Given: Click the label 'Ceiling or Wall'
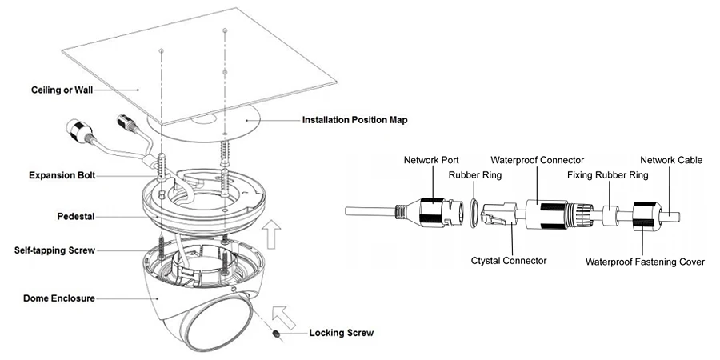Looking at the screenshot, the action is click(62, 90).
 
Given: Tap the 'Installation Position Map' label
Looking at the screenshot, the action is click(355, 120).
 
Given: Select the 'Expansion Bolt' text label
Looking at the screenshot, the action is click(62, 175).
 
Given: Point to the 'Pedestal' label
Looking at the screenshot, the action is click(76, 216).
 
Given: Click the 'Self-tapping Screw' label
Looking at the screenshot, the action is click(54, 250).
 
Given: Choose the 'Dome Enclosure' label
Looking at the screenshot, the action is click(59, 298).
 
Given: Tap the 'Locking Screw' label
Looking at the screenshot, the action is click(341, 333).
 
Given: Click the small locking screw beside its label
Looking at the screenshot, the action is click(277, 334).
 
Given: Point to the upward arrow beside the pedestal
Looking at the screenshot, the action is click(273, 234).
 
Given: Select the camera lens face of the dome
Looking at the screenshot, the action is click(218, 322).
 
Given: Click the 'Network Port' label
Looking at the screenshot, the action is click(431, 160).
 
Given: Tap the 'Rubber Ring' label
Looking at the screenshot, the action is click(475, 175).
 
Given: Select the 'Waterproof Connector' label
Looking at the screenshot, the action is click(538, 160).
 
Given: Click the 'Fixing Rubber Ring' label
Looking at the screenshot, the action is click(607, 175).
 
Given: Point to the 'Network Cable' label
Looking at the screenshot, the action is click(671, 160).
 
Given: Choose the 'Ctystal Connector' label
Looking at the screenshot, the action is click(509, 261).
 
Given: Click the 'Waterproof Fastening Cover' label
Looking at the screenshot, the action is click(645, 262).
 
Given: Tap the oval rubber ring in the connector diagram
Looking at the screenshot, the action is click(474, 213).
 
